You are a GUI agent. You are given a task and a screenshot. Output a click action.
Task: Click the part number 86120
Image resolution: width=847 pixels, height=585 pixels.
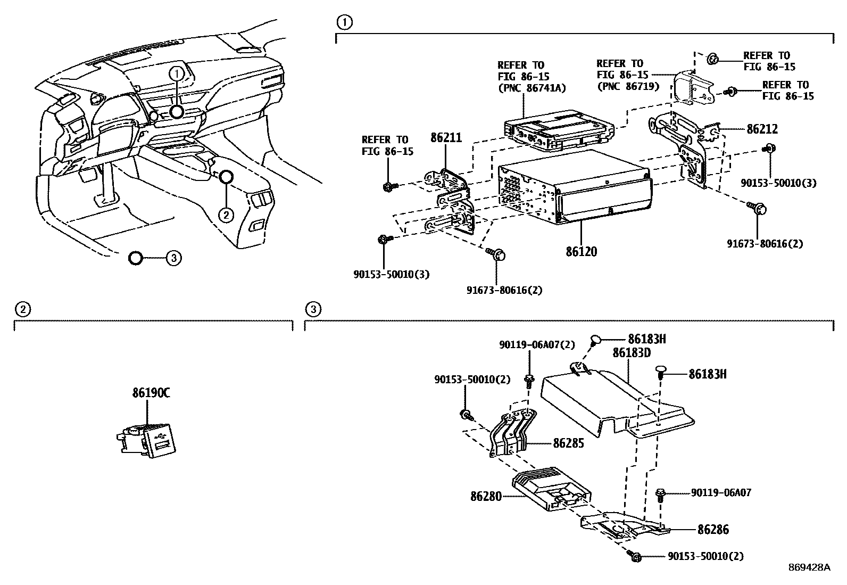click(581, 251)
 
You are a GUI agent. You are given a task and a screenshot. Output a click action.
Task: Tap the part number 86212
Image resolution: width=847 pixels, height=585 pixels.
click(762, 129)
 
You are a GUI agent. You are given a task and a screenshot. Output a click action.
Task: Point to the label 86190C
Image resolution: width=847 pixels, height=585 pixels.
click(151, 393)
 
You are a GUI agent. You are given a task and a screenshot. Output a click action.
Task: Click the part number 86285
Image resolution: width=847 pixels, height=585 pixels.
click(568, 443)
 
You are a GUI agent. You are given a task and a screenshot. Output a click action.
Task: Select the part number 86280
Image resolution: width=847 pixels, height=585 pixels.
click(485, 496)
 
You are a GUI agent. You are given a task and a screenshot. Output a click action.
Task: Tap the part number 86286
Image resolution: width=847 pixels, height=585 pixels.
click(713, 530)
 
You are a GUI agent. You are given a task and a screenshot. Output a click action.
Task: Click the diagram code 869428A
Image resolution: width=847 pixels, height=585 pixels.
click(809, 567)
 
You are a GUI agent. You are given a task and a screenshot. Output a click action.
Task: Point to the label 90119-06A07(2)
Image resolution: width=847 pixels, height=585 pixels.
click(537, 345)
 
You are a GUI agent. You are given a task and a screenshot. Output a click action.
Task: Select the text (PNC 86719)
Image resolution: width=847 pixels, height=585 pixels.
click(628, 86)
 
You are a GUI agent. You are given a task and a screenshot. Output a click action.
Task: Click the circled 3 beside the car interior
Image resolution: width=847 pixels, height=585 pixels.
click(173, 258)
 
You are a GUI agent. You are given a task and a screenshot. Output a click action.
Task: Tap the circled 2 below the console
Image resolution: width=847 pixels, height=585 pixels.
click(226, 215)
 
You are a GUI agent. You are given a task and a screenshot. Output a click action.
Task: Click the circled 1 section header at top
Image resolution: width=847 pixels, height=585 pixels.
click(344, 22)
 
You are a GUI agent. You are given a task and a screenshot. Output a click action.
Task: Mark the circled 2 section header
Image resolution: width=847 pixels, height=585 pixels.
click(22, 309)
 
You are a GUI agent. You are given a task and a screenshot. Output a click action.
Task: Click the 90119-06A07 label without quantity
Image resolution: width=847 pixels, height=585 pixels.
click(721, 493)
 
